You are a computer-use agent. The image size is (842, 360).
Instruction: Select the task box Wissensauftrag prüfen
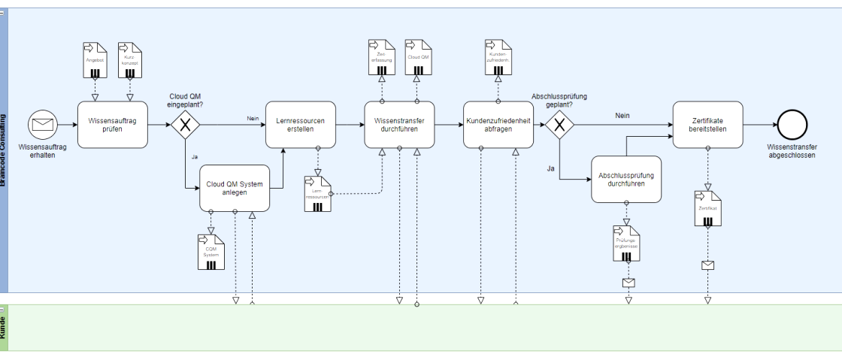(113, 124)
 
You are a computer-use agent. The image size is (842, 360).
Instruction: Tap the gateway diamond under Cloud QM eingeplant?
(184, 125)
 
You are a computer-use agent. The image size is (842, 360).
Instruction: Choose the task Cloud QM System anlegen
(235, 187)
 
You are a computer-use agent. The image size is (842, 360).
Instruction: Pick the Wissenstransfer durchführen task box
(399, 124)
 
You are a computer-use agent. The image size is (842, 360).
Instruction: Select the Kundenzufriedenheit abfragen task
(498, 124)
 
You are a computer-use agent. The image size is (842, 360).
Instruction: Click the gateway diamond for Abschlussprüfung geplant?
(559, 125)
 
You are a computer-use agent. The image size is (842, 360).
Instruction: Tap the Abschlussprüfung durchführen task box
(626, 180)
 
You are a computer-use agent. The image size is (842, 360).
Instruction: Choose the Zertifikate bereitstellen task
(707, 124)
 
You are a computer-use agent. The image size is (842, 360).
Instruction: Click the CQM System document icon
(211, 252)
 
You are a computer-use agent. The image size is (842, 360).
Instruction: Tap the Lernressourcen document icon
(317, 193)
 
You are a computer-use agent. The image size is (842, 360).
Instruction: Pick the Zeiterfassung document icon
(381, 57)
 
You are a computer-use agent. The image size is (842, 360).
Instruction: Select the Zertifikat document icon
(707, 208)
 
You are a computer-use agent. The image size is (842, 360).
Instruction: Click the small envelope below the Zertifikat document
(707, 265)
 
